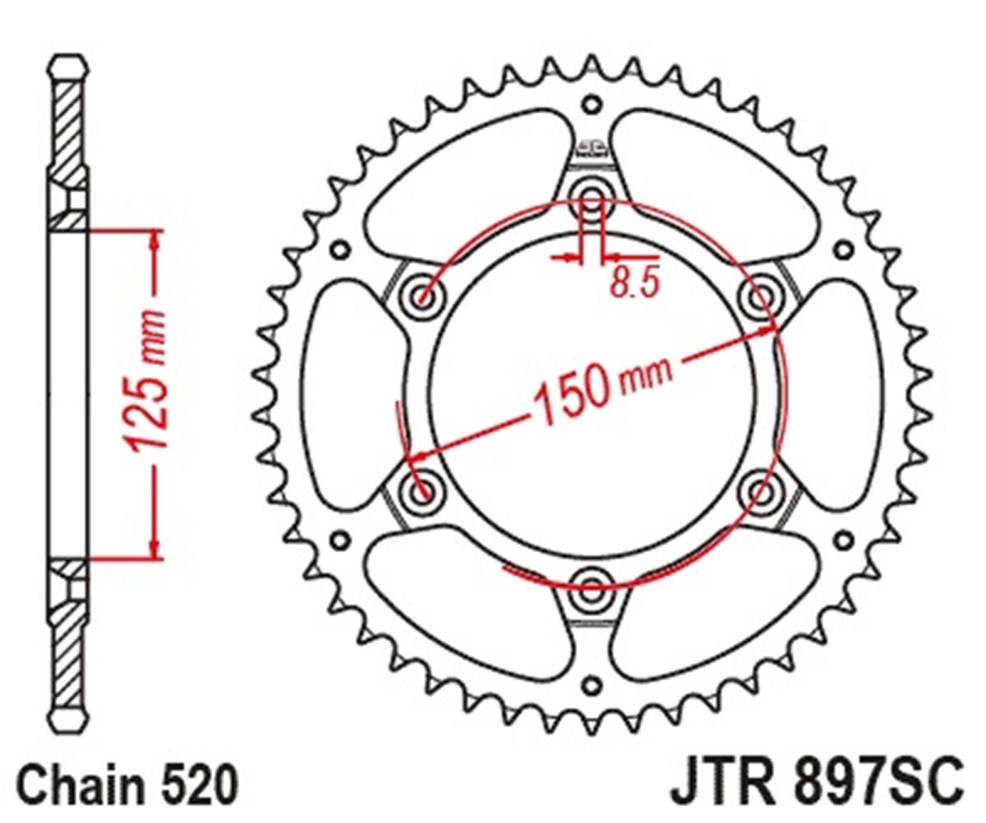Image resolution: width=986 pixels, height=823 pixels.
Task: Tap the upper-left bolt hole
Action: point(421,297)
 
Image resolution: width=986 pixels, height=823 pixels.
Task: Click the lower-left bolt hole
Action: point(421,493)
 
